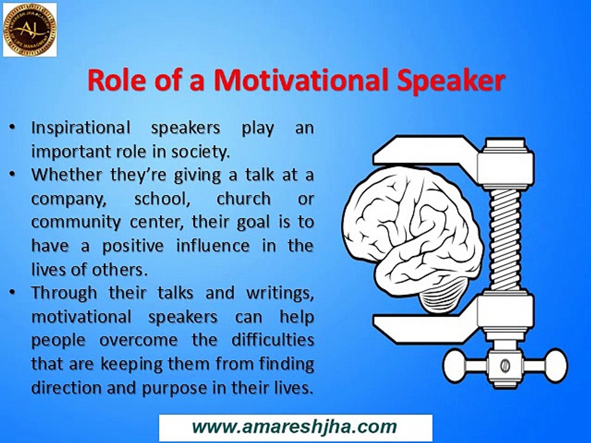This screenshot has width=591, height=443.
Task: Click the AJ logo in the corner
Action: pos(30,30)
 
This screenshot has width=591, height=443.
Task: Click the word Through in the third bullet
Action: pos(63,293)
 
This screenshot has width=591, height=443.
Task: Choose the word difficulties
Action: pos(271,341)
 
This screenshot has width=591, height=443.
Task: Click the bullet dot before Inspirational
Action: pos(12,128)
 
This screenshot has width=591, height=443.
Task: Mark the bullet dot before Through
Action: pos(12,293)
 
